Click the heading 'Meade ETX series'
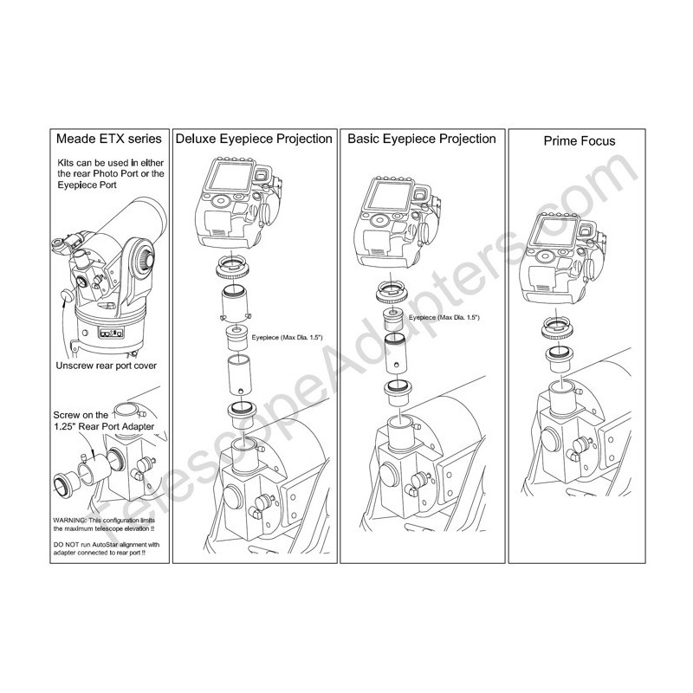tap(109, 139)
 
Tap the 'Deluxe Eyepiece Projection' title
tap(254, 139)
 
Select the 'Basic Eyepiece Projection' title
tap(422, 139)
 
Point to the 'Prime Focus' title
tap(580, 141)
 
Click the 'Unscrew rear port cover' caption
tap(106, 366)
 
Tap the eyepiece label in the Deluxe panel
tap(288, 337)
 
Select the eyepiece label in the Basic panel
tap(444, 317)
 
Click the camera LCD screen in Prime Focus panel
tap(555, 231)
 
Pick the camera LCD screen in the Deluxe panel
tap(231, 176)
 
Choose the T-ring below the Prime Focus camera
tap(558, 328)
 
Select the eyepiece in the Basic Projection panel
tap(393, 320)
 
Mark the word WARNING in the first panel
tap(69, 521)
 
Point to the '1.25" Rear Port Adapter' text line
tap(104, 426)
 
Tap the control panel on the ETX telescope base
tap(111, 333)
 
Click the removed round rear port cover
tap(68, 295)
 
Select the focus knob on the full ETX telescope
tap(145, 259)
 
